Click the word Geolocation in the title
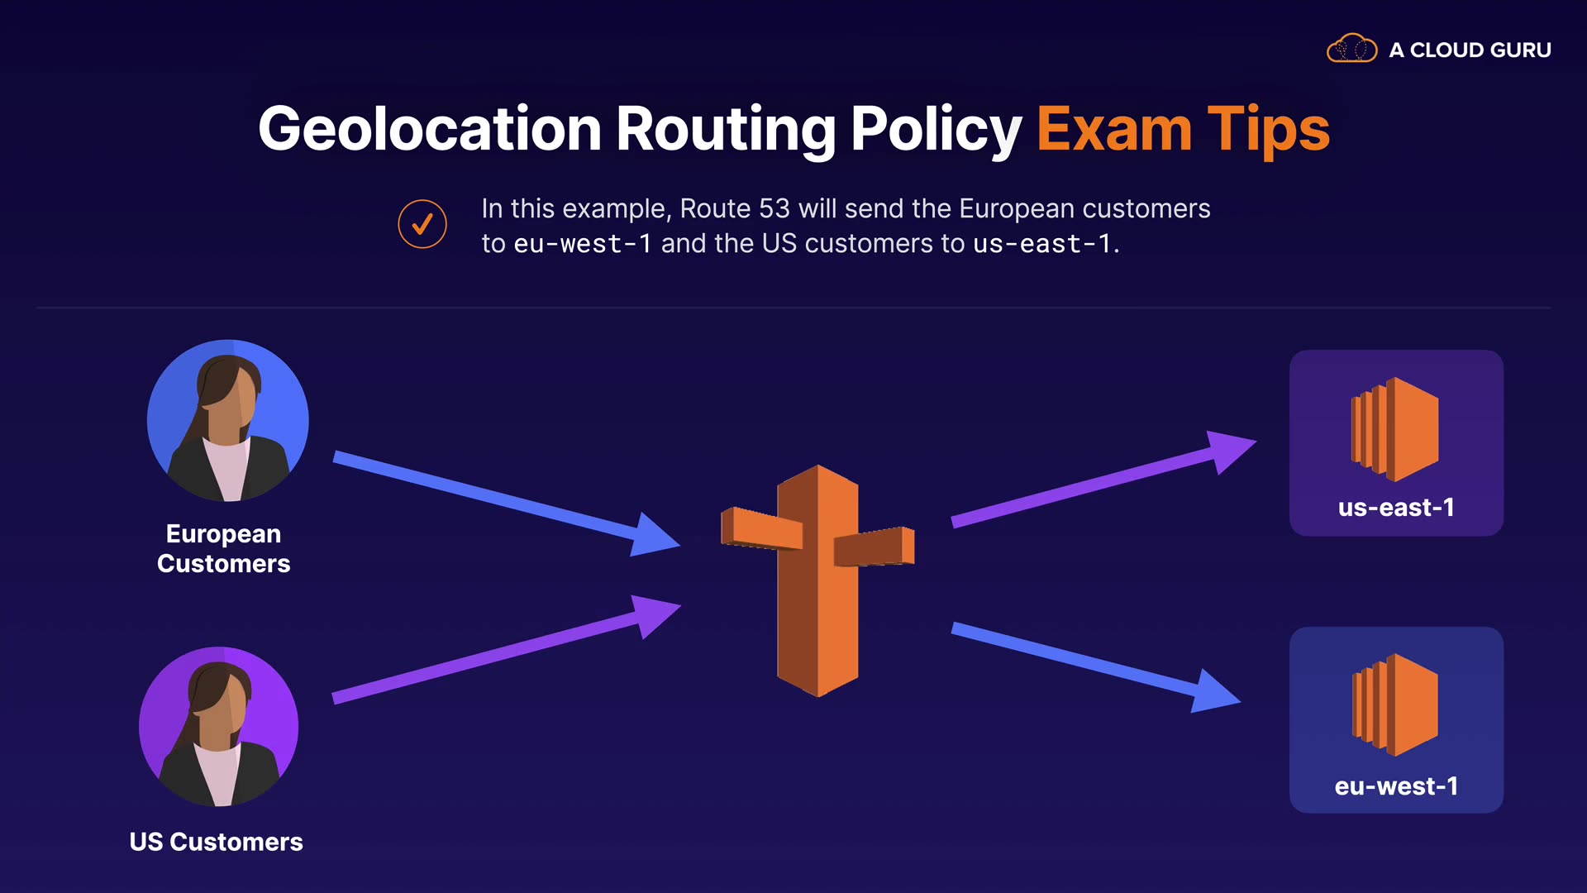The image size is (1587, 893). [x=430, y=130]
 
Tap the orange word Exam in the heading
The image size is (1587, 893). [x=1113, y=130]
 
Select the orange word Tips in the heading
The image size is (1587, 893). [x=1268, y=130]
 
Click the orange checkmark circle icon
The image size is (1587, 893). [x=422, y=224]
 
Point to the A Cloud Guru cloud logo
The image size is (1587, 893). [x=1351, y=49]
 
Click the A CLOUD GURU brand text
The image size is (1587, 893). [x=1470, y=50]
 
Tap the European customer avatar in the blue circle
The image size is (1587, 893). [x=228, y=421]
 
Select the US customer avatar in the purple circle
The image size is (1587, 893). [x=219, y=727]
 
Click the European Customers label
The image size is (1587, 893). [x=223, y=548]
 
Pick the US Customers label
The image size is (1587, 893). [x=217, y=842]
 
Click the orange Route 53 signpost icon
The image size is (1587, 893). [x=817, y=579]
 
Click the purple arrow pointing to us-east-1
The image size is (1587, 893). [x=1099, y=481]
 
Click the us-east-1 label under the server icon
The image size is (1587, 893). [x=1396, y=508]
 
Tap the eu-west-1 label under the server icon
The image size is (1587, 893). [x=1396, y=786]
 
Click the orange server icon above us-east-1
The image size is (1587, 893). [x=1395, y=429]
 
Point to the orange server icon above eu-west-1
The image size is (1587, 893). [x=1395, y=704]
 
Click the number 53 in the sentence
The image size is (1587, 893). [x=774, y=208]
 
